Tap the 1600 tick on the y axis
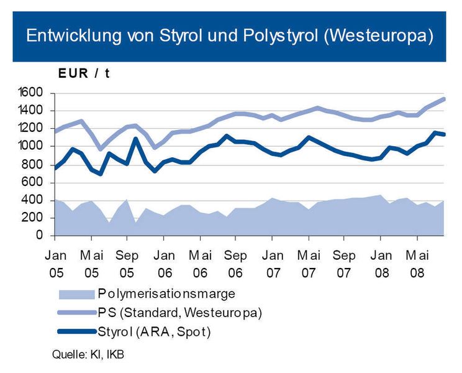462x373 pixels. tap(30, 93)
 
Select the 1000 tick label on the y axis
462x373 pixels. tap(30, 147)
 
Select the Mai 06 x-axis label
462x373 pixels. tap(200, 262)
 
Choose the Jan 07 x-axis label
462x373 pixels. tap(272, 262)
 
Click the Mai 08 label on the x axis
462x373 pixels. tap(417, 262)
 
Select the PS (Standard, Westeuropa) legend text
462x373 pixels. tap(179, 313)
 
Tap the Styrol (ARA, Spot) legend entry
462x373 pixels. tap(154, 332)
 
